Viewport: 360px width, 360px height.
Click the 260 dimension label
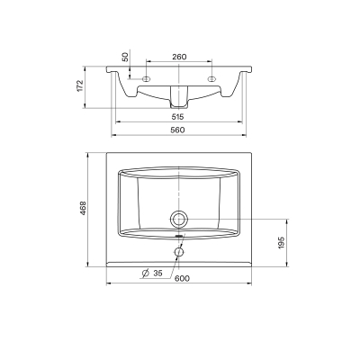(x=179, y=57)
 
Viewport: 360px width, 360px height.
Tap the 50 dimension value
(x=125, y=57)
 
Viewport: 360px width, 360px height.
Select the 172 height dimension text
(x=80, y=85)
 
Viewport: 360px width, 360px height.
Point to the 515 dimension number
(x=177, y=117)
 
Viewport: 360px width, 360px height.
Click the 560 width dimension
(x=178, y=130)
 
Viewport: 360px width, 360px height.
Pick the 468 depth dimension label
(x=83, y=208)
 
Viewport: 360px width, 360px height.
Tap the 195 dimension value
(x=281, y=242)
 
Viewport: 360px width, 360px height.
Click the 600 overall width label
(x=182, y=278)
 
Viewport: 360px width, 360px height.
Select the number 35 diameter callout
(x=157, y=273)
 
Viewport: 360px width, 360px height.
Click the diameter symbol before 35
(x=146, y=274)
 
